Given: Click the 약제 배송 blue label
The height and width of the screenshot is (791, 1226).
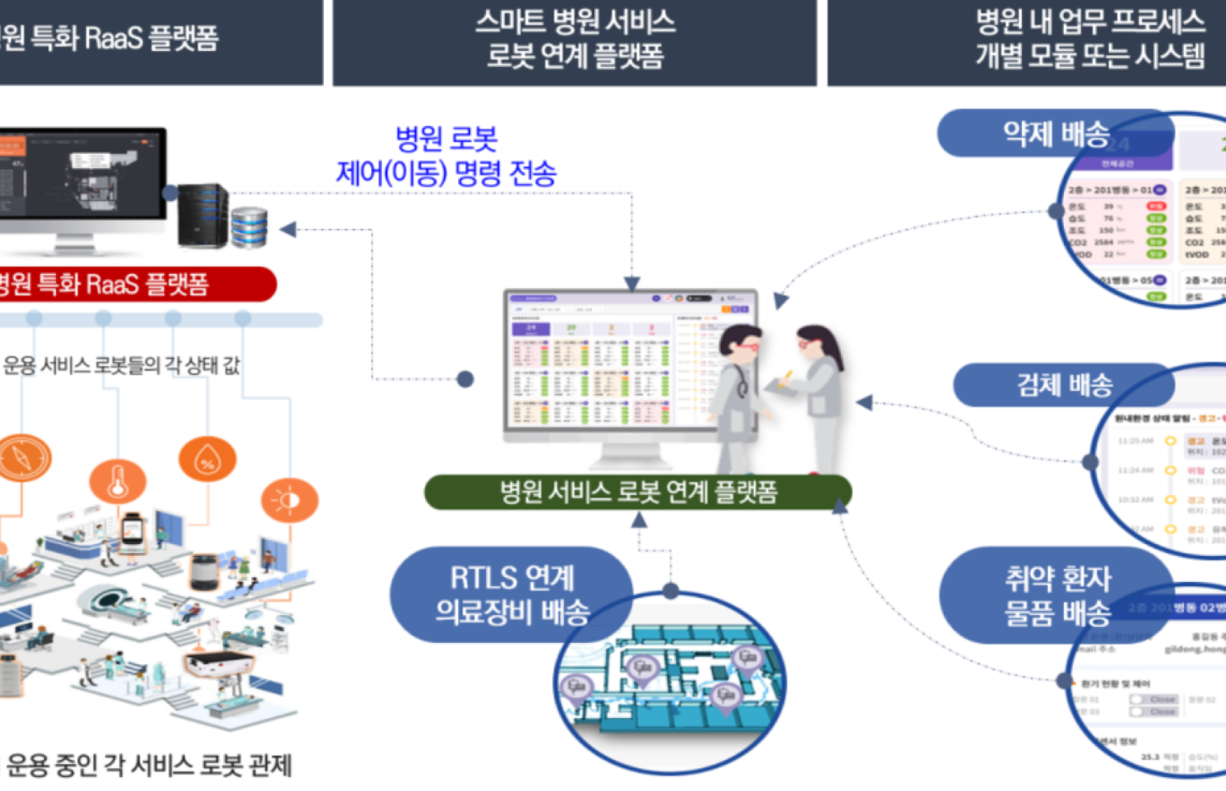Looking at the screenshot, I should click(x=1054, y=134).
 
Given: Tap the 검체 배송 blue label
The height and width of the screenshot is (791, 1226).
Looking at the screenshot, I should click(x=1063, y=384).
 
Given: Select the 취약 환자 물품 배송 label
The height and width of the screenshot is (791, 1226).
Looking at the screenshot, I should click(x=1057, y=595).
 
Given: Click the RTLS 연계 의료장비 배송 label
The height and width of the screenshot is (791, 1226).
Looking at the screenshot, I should click(x=511, y=594).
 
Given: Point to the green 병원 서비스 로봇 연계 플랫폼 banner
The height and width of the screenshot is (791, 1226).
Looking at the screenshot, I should click(x=638, y=492).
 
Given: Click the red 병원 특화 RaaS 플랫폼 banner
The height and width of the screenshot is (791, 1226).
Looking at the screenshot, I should click(x=133, y=284).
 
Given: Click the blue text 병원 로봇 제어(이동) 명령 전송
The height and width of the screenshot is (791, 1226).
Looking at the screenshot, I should click(x=446, y=156).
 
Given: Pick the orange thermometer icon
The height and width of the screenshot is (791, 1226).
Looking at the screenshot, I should click(x=118, y=482).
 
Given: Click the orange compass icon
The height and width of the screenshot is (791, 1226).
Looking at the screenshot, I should click(x=24, y=458).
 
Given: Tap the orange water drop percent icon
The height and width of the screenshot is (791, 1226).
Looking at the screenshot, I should click(x=208, y=460).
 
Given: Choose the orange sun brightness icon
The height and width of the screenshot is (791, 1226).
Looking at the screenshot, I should click(x=289, y=500).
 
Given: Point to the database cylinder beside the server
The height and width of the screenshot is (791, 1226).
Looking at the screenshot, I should click(x=249, y=227).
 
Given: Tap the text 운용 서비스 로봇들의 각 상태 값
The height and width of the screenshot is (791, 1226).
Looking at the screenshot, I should click(x=121, y=365).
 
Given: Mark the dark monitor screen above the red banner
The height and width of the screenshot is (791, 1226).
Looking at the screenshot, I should click(x=81, y=174).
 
